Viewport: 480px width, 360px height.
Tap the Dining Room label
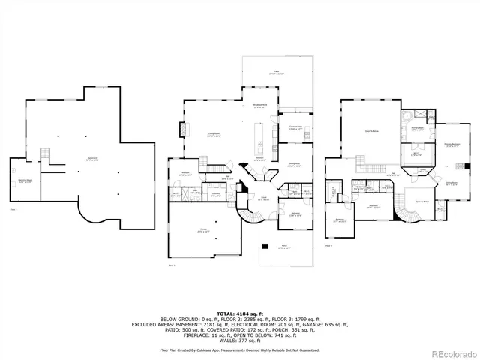(294, 165)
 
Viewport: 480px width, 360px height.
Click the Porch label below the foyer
(284, 247)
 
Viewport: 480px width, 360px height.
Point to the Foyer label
(265, 199)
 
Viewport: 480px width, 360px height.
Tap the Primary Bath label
(417, 129)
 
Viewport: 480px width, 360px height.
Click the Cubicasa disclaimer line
(239, 349)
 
